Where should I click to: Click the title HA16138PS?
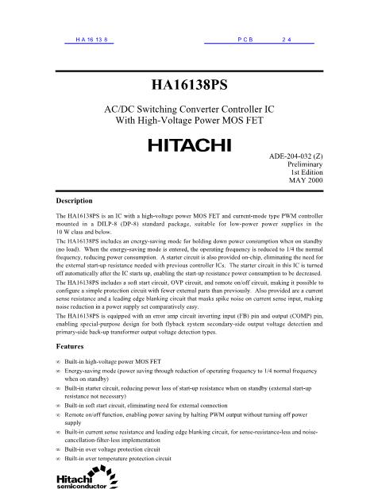pos(188,82)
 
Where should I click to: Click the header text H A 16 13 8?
pos(90,39)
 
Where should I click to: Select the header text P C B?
pos(245,39)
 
